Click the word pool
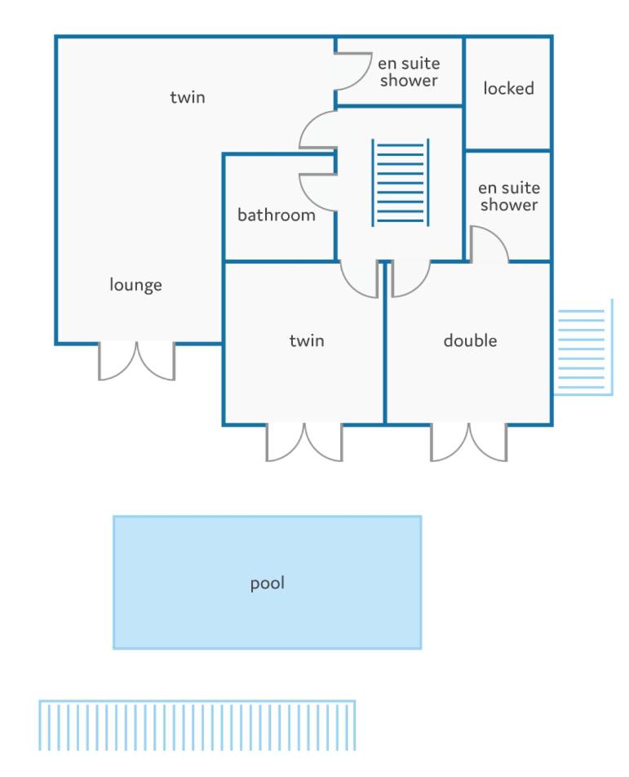(x=268, y=584)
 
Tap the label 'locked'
(x=508, y=89)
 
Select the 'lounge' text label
(x=135, y=285)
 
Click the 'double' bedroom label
(x=470, y=340)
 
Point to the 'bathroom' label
(x=277, y=215)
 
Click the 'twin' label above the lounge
(x=187, y=97)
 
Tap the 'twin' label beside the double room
(x=307, y=340)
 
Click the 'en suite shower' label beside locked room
(x=409, y=72)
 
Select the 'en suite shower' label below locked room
(x=509, y=196)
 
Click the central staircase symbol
(x=401, y=183)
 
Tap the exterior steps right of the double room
(x=583, y=348)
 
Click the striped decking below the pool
(x=197, y=725)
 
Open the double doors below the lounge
(x=137, y=362)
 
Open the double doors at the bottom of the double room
(x=468, y=443)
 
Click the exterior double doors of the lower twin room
(x=304, y=443)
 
